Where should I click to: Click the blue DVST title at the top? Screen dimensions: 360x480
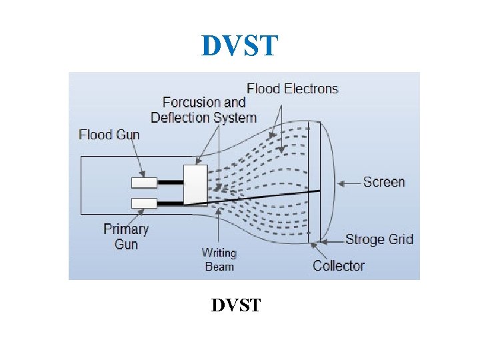click(x=239, y=46)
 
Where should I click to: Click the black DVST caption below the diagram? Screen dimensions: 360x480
click(x=236, y=305)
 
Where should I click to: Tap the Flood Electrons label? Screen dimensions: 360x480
click(x=292, y=89)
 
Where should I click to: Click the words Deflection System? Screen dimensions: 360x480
click(x=203, y=118)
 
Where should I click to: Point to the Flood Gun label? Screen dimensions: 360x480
click(x=109, y=135)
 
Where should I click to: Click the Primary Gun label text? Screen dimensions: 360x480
click(x=126, y=236)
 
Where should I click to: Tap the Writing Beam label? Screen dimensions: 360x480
click(x=219, y=259)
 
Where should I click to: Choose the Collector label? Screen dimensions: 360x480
click(x=339, y=265)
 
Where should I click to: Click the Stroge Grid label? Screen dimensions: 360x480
click(x=379, y=239)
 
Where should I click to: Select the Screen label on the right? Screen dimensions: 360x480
click(x=384, y=181)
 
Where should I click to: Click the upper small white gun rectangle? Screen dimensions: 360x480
click(x=144, y=182)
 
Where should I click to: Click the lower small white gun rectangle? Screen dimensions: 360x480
click(x=144, y=203)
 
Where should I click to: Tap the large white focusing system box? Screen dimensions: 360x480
click(x=195, y=183)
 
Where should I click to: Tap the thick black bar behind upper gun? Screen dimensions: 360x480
click(x=169, y=182)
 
